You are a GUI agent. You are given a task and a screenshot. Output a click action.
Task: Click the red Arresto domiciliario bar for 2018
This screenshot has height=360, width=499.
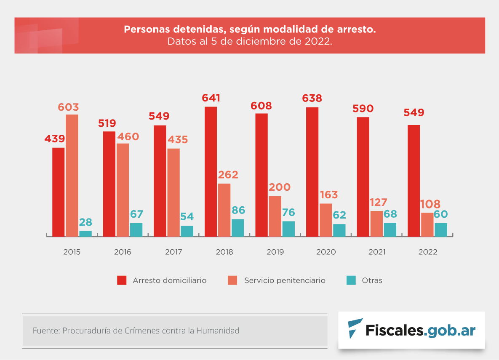(x=211, y=171)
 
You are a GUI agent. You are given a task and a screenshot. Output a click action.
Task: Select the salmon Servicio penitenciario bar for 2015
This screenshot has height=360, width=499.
(x=72, y=175)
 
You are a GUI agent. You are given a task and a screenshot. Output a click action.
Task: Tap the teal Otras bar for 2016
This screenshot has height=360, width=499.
(x=136, y=229)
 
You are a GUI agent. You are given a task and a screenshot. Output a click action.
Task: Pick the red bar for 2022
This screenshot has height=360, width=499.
(x=414, y=181)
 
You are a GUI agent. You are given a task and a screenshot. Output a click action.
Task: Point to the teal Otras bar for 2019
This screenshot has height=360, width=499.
(x=288, y=229)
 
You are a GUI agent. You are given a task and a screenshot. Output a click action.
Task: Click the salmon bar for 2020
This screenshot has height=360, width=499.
(x=326, y=220)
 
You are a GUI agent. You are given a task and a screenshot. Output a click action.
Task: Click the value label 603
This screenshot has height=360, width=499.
(x=68, y=107)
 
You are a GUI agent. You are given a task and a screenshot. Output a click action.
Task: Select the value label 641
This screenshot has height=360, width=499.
(x=211, y=98)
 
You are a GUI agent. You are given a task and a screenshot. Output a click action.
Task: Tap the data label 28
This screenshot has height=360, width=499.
(x=85, y=222)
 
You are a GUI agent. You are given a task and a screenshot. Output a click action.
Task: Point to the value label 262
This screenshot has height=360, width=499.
(x=228, y=175)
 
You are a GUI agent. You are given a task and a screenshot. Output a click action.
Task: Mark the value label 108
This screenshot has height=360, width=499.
(x=430, y=205)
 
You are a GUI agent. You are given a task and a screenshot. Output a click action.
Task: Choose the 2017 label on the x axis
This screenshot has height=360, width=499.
(x=173, y=252)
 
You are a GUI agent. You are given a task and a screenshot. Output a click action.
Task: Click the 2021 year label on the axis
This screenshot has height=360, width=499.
(x=377, y=252)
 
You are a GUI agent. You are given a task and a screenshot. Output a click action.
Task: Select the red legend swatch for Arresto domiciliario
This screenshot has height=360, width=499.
(x=122, y=280)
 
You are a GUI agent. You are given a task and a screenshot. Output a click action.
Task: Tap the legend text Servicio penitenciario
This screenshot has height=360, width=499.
(x=285, y=280)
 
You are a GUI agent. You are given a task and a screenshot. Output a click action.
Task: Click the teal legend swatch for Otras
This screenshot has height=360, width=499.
(x=351, y=280)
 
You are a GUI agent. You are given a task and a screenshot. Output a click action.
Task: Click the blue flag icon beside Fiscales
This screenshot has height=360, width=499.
(x=355, y=328)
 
